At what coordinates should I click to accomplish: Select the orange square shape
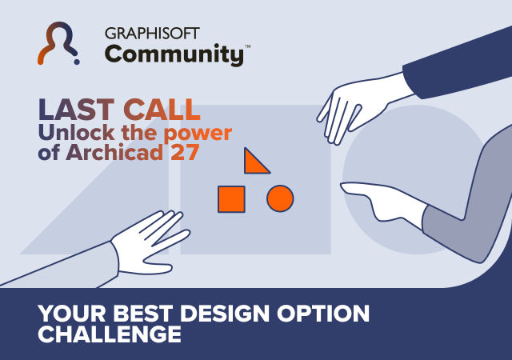coord(231,198)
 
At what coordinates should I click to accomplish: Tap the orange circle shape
coord(280,198)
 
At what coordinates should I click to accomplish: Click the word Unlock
coord(74,131)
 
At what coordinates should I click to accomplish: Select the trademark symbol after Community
coord(247,47)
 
